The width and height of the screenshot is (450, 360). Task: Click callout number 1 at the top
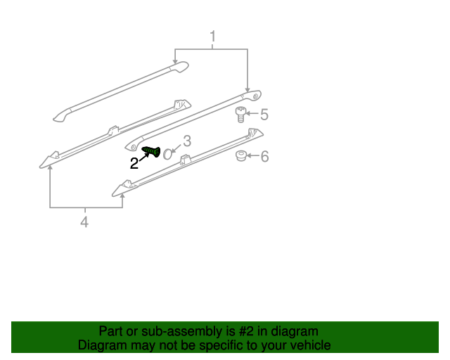[212, 36]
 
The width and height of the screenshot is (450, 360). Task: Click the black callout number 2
[134, 164]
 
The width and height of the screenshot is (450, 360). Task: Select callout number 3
[187, 141]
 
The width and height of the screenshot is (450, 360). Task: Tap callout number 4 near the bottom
[84, 222]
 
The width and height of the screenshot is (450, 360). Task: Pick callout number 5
[264, 114]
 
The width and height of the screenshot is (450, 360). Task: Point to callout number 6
[264, 157]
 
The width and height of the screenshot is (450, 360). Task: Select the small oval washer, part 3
[167, 154]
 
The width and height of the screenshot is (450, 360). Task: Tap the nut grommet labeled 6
[240, 156]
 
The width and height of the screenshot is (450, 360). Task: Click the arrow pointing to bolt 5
[252, 114]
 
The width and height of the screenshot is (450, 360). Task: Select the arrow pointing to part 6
[252, 156]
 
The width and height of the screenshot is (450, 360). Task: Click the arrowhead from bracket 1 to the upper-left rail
[175, 63]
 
